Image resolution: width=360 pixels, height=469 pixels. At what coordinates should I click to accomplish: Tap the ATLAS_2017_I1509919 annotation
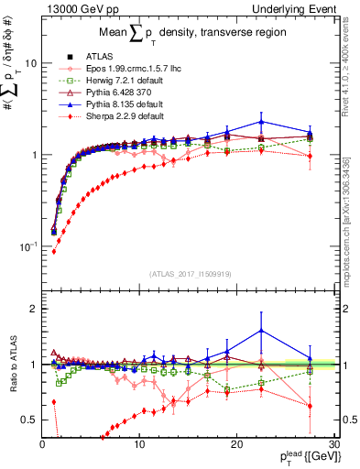(190, 274)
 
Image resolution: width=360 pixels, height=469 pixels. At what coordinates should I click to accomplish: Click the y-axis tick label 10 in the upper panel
(30, 64)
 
